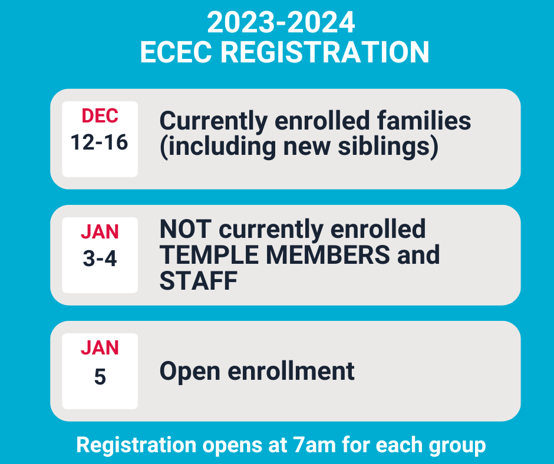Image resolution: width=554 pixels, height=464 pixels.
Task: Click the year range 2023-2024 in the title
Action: click(x=281, y=22)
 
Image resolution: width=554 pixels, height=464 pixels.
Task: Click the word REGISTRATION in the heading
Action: click(x=325, y=52)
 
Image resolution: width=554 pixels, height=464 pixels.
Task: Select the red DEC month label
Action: click(x=100, y=116)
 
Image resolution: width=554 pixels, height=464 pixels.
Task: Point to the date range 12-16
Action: click(x=99, y=142)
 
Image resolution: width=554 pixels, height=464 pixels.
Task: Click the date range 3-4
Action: click(x=100, y=258)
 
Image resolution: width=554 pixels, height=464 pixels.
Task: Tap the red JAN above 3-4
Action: click(x=100, y=231)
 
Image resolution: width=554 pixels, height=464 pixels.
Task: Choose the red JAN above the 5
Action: click(x=100, y=347)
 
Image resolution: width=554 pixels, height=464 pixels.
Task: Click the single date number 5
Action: click(x=100, y=376)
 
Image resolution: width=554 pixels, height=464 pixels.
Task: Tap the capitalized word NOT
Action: click(x=186, y=229)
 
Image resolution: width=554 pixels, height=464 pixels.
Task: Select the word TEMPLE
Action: click(x=209, y=254)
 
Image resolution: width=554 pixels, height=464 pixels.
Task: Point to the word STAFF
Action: click(x=199, y=281)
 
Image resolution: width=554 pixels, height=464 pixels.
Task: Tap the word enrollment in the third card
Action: click(x=291, y=371)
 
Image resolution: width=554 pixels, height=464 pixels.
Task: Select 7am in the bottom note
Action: click(x=314, y=445)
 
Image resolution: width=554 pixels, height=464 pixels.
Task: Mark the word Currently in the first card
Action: click(x=213, y=121)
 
